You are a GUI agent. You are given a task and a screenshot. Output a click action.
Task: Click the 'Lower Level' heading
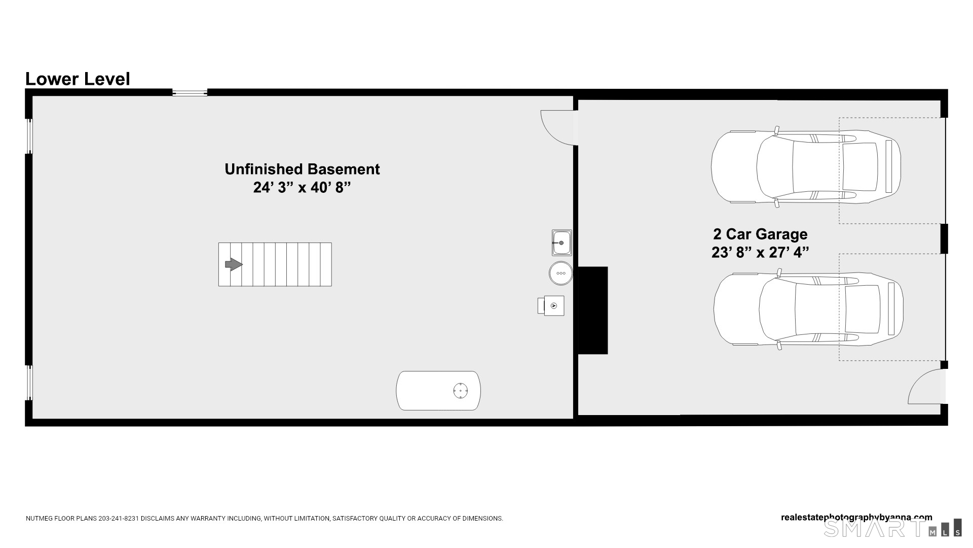78,79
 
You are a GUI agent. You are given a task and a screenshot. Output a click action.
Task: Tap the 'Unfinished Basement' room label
302,169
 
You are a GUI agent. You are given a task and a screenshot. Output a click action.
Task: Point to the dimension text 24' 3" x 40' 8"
302,188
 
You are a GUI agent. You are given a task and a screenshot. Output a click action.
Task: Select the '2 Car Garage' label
760,234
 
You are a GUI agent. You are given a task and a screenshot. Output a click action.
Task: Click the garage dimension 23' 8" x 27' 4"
760,252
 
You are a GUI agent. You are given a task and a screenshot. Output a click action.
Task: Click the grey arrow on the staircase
234,264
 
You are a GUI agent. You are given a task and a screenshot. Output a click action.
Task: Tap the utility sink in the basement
562,243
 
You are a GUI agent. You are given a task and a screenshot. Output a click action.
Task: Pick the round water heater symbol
560,273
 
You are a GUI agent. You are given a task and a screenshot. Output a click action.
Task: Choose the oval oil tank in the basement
438,391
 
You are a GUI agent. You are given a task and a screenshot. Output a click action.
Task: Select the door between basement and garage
557,127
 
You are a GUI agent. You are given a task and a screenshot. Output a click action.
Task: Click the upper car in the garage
806,166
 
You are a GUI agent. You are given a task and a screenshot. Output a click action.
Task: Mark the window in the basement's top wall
190,92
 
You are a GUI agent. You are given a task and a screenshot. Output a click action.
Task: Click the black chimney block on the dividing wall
593,310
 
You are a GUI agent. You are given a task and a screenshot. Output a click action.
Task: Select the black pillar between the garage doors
944,238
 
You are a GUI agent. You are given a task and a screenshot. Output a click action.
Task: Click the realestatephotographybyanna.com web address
856,518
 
